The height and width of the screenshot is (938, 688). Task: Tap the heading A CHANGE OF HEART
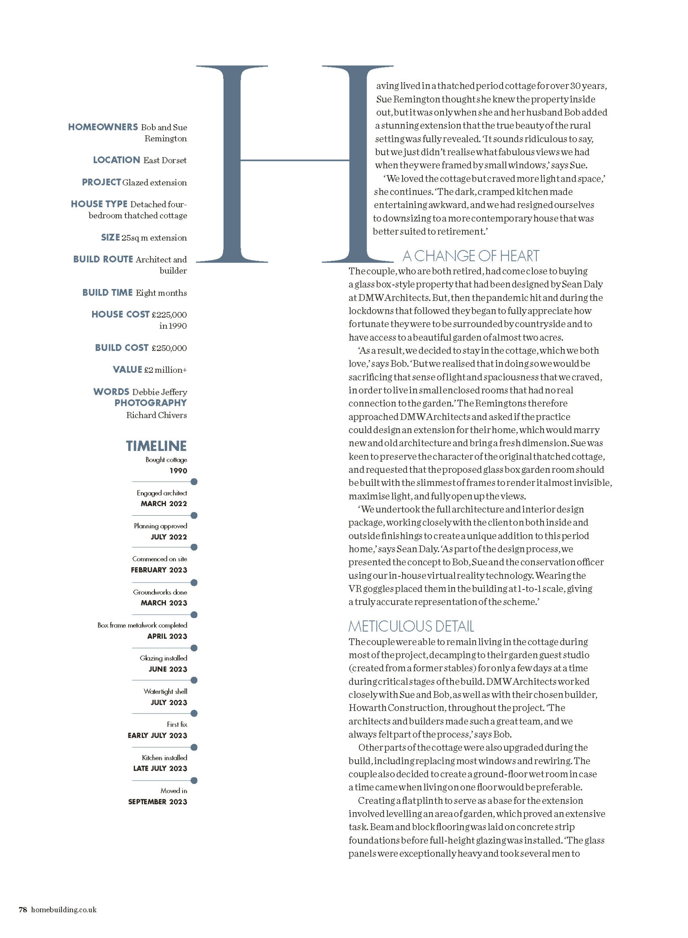(x=471, y=255)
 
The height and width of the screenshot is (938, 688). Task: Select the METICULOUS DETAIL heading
(x=411, y=626)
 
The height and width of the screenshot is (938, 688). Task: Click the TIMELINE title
(x=156, y=446)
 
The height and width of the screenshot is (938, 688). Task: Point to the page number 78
(x=23, y=921)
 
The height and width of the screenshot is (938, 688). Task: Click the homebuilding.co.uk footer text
(x=64, y=921)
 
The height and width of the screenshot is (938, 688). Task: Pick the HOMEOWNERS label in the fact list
(x=103, y=127)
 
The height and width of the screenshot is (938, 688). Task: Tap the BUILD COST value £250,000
(x=169, y=348)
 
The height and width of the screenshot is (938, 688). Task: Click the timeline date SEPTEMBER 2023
(x=157, y=802)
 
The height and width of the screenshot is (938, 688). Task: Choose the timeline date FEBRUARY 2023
(x=159, y=570)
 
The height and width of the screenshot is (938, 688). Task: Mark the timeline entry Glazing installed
(x=163, y=658)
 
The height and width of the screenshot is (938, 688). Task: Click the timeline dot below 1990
(x=194, y=482)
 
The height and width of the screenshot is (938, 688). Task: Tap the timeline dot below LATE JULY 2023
(x=194, y=780)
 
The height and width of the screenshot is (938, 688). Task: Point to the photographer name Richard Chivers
(x=156, y=415)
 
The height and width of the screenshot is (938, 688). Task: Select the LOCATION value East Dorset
(x=165, y=161)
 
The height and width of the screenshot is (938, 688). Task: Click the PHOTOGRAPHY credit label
(x=150, y=403)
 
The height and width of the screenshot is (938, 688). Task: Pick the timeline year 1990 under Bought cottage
(x=178, y=471)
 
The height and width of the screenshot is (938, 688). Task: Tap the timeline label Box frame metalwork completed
(x=142, y=625)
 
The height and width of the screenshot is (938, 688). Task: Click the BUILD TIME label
(x=107, y=292)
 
